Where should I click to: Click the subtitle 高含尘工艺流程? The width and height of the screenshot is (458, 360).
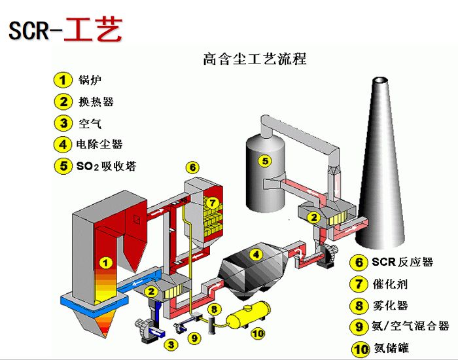255,59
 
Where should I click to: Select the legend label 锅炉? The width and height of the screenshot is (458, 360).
89,81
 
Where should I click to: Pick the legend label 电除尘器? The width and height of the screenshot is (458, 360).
99,144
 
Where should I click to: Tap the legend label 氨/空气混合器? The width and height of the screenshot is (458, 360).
411,326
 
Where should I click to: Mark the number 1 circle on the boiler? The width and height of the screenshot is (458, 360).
105,263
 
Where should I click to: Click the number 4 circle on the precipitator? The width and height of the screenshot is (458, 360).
257,254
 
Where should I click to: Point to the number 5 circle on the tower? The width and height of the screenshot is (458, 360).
264,160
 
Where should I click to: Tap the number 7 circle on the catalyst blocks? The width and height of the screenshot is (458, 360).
212,203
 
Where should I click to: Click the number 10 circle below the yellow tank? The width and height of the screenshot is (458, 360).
258,333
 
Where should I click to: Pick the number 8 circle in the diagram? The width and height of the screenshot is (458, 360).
213,308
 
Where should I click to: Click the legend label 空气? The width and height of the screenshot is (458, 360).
89,123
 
